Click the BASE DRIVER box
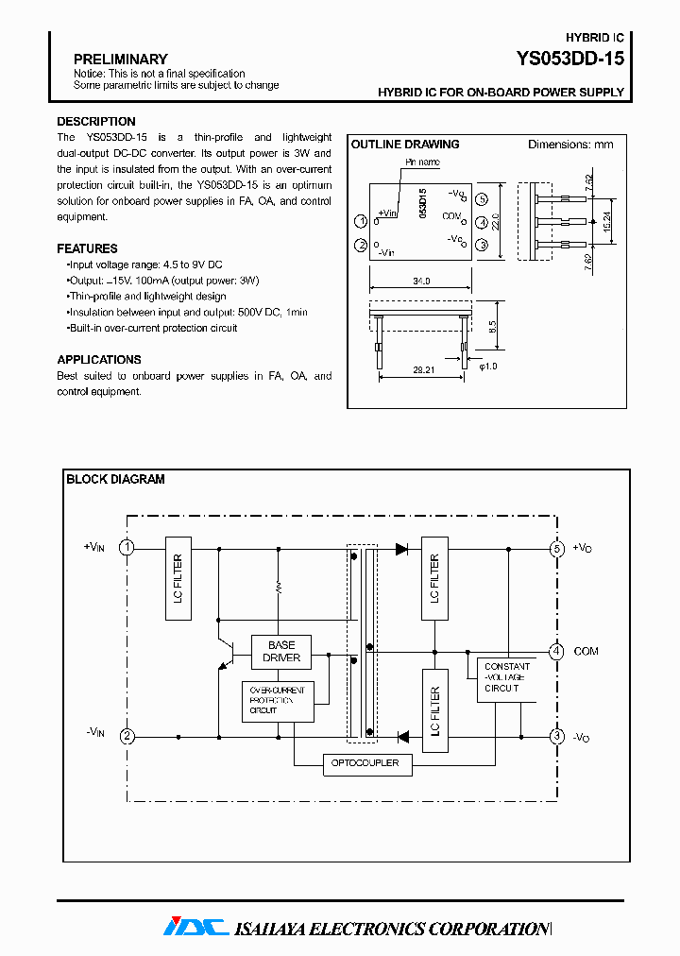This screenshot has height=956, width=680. click(281, 651)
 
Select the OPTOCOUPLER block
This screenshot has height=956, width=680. click(367, 763)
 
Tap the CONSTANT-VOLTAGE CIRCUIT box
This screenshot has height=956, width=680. click(506, 677)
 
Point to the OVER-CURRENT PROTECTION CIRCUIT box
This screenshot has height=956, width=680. click(278, 701)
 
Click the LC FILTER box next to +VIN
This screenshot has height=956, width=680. click(178, 579)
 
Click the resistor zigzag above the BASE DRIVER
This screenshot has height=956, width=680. click(278, 587)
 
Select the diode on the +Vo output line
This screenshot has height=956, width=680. click(401, 548)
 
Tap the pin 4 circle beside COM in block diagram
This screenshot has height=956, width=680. click(557, 651)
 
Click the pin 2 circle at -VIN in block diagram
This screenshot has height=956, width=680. click(127, 736)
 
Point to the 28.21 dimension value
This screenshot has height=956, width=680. click(424, 371)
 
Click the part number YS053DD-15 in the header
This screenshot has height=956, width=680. click(569, 59)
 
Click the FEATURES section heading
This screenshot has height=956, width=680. click(87, 248)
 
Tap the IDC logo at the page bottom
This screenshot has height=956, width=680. click(195, 928)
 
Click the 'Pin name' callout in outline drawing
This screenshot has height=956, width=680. click(422, 162)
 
